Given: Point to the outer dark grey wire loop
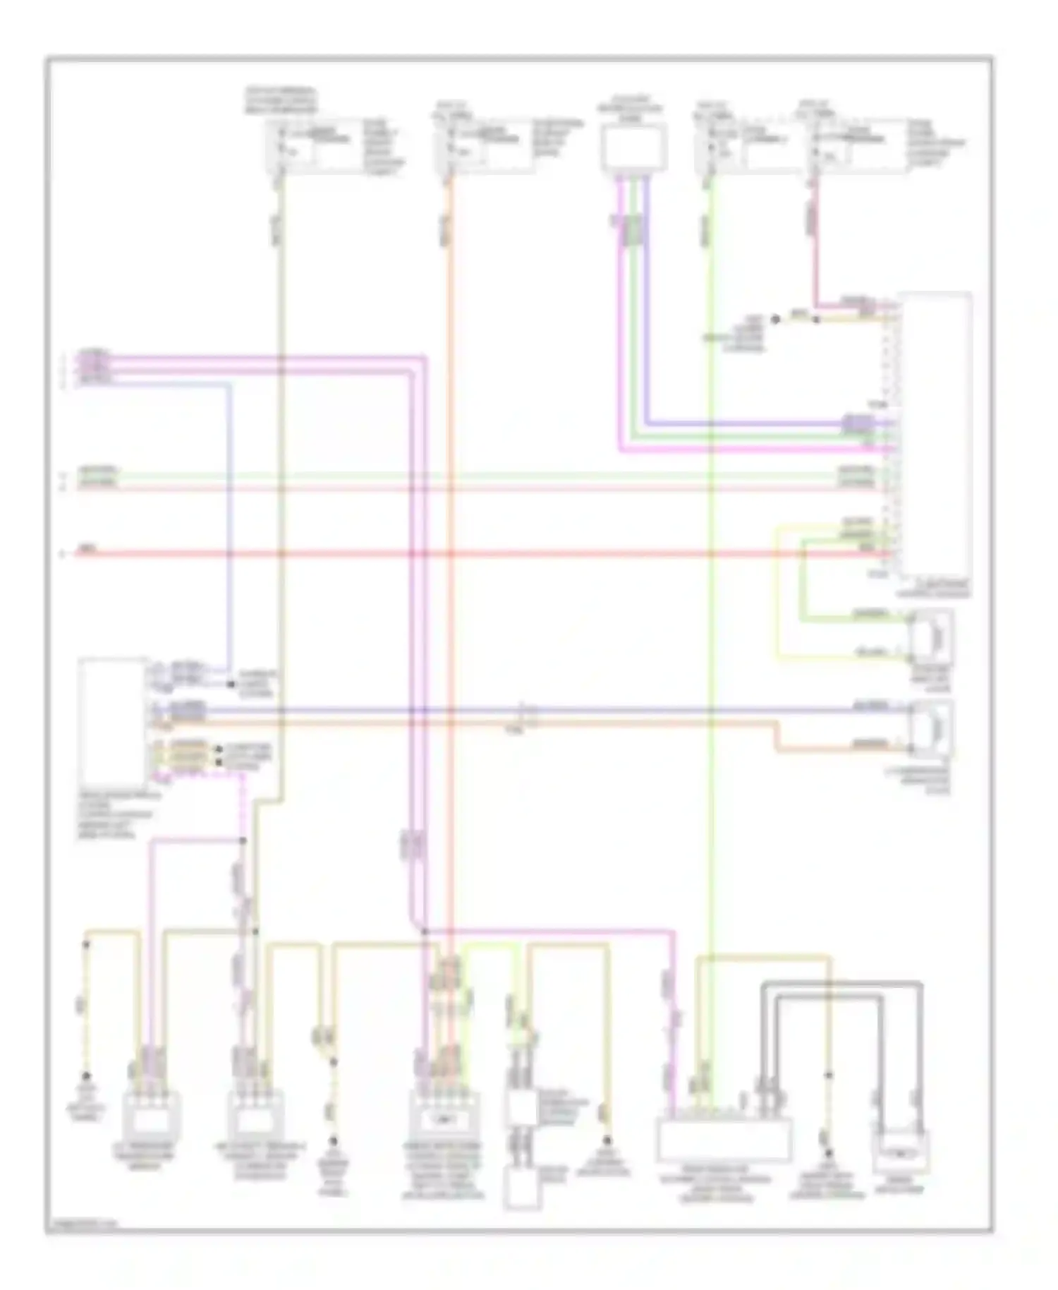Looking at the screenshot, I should tap(839, 983).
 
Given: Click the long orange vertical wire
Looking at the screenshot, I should tap(449, 565).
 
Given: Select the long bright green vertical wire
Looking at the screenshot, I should tap(712, 635).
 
